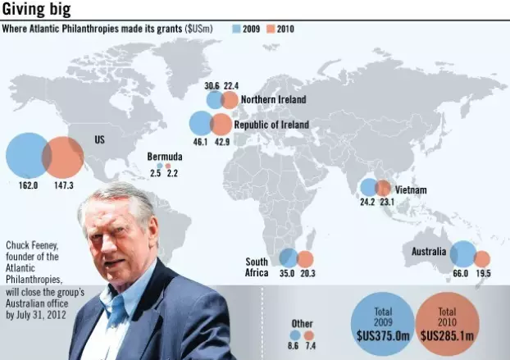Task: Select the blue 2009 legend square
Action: (236, 29)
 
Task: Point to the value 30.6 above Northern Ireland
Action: (212, 86)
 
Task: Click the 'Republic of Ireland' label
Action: (271, 125)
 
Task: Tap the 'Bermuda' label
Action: (164, 157)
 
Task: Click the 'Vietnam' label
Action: (411, 190)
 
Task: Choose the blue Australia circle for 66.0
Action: (462, 255)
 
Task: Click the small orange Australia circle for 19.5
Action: (482, 258)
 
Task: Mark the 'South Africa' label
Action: (257, 267)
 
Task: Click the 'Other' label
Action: (302, 322)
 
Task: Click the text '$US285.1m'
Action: (447, 335)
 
